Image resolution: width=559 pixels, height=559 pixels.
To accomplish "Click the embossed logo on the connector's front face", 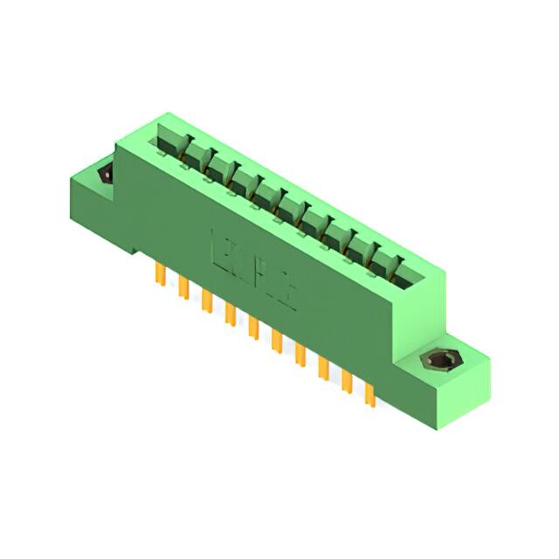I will coord(254,266).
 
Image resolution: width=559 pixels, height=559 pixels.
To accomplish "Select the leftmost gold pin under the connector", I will coord(161,274).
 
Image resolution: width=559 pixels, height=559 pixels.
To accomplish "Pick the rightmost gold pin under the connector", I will coord(370,395).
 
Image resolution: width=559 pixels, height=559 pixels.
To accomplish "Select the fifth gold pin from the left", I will coord(254,328).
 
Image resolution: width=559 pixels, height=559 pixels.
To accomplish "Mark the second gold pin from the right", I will coord(347,382).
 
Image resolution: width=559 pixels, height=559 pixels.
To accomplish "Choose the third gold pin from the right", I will coord(324,369).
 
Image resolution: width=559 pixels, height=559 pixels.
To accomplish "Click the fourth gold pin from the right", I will coord(300,355).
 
